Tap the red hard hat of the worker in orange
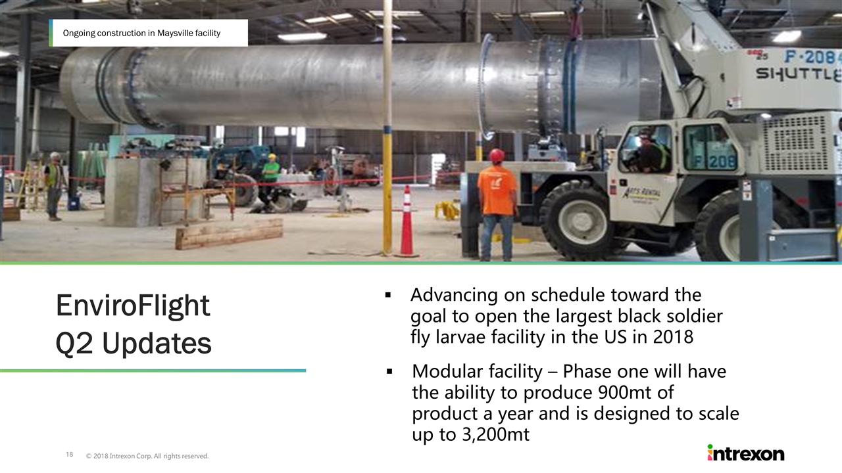[x=497, y=155]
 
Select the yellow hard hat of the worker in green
[x=272, y=156]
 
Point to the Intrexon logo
[x=746, y=453]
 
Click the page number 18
[x=70, y=454]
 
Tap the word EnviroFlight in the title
[x=133, y=306]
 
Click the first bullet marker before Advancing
[x=388, y=295]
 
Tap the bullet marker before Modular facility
[x=389, y=372]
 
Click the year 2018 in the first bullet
[x=673, y=337]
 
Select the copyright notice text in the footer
[x=147, y=456]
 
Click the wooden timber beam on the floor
[x=229, y=233]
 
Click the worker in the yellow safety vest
[x=54, y=186]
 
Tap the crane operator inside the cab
[x=649, y=152]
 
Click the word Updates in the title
[x=157, y=344]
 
